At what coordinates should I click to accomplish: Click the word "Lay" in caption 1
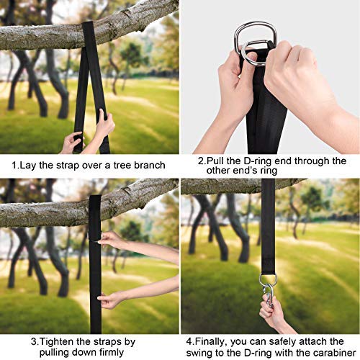[28, 166]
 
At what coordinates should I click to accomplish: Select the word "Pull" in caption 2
[215, 161]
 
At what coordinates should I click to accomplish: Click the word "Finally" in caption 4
[210, 342]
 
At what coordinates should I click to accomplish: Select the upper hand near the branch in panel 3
[109, 240]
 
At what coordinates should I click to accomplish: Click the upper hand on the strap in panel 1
[106, 125]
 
